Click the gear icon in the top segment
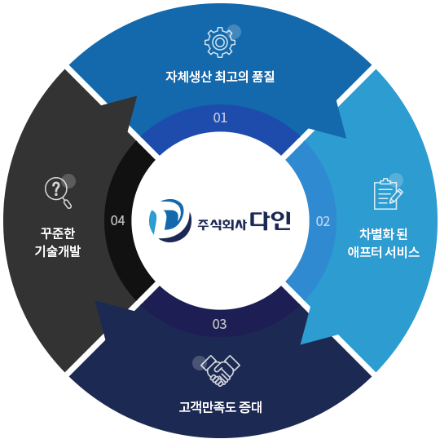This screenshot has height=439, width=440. pos(220,42)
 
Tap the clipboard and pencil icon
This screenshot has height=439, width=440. pos(388,194)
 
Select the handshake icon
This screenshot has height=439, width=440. pos(220,370)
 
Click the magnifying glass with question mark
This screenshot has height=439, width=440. pos(58,193)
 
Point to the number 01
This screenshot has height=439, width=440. pos(220,118)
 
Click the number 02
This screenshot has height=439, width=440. pos(323,221)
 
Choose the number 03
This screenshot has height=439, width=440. pos(219,324)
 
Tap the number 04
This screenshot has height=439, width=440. pos(117,220)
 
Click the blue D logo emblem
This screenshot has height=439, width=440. pos(170,220)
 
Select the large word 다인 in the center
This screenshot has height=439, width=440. pos(271,221)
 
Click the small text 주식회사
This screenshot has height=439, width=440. pos(222,225)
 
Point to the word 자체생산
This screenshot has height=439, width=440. pos(188,77)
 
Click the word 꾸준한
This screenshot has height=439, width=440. pos(58,233)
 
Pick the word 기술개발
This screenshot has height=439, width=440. pos(58,251)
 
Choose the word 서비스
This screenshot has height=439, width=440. pos(403,252)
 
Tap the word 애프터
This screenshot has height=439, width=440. pos(364,252)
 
